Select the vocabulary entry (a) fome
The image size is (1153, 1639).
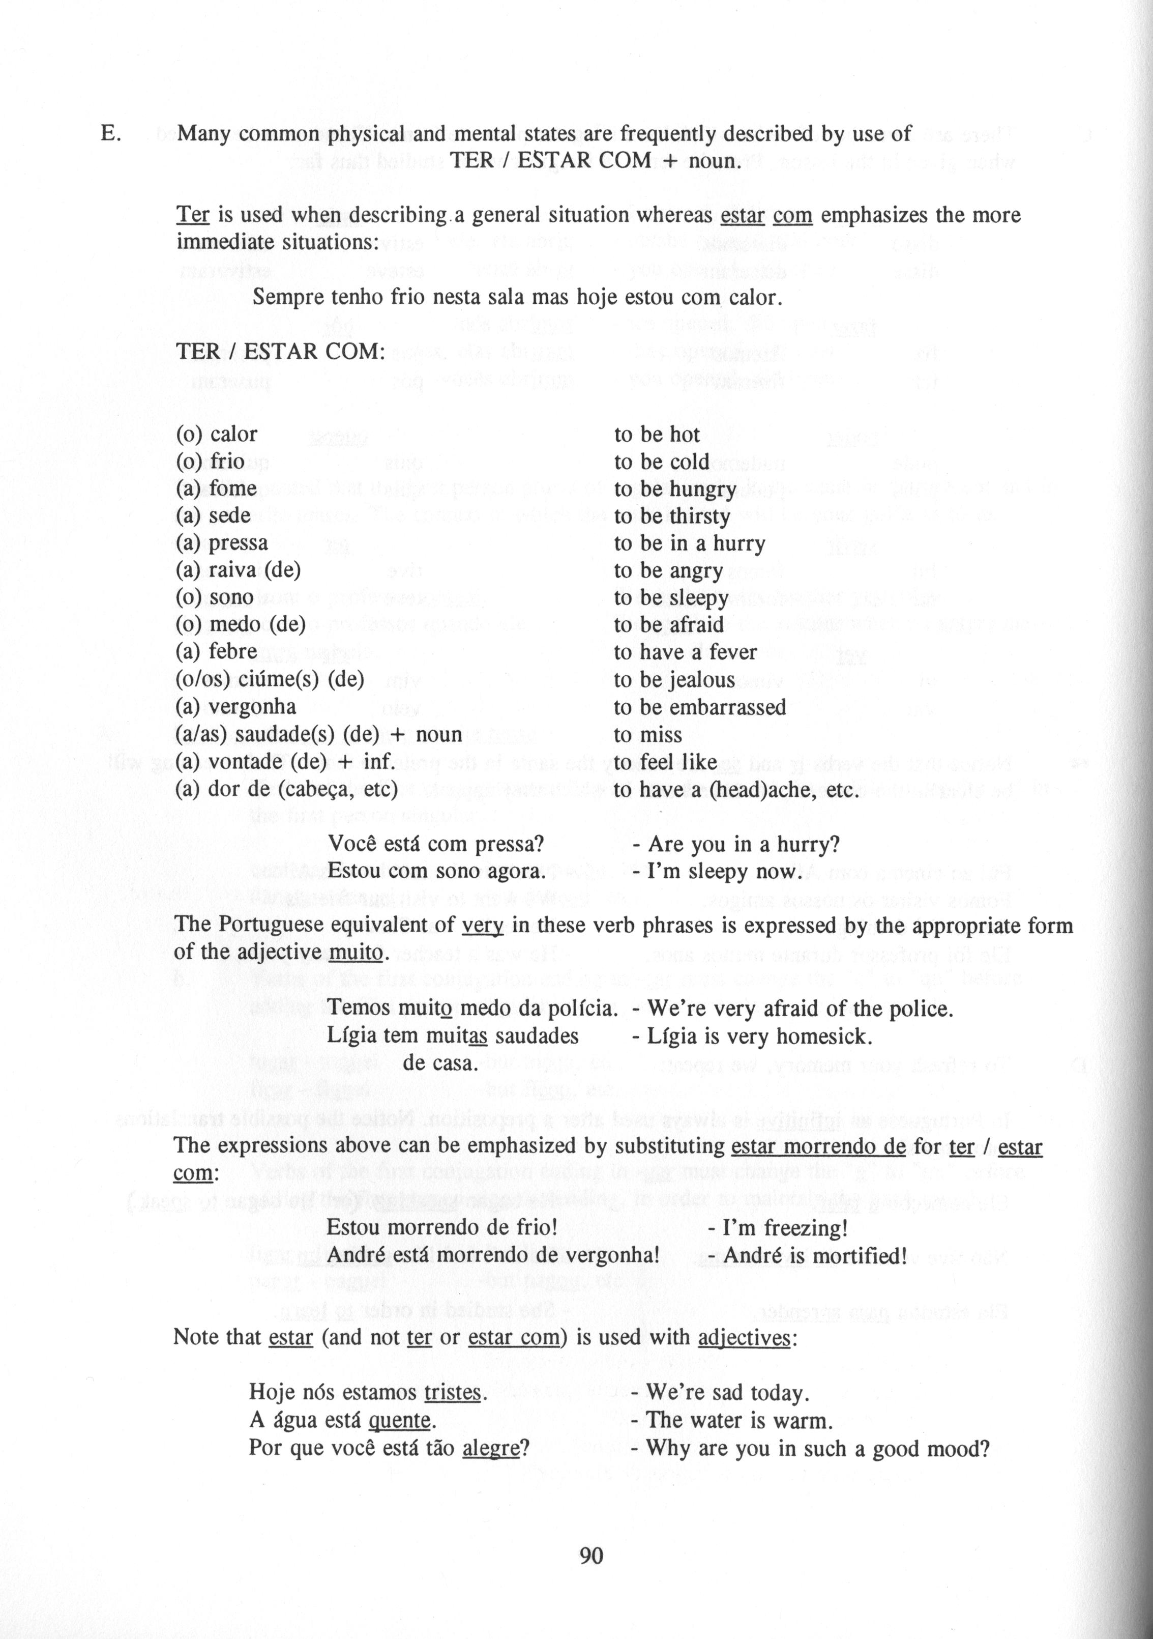pyautogui.click(x=216, y=488)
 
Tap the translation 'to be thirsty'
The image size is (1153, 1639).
pyautogui.click(x=671, y=516)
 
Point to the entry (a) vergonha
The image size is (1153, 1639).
pyautogui.click(x=235, y=707)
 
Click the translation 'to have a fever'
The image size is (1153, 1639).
pyautogui.click(x=685, y=652)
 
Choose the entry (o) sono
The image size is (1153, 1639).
pyautogui.click(x=215, y=597)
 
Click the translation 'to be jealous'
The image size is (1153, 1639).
pyautogui.click(x=674, y=680)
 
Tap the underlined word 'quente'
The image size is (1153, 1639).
pyautogui.click(x=400, y=1420)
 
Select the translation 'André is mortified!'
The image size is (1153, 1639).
pyautogui.click(x=815, y=1255)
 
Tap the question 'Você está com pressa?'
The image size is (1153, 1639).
pyautogui.click(x=436, y=845)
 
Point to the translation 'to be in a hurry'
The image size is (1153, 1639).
pyautogui.click(x=689, y=543)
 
